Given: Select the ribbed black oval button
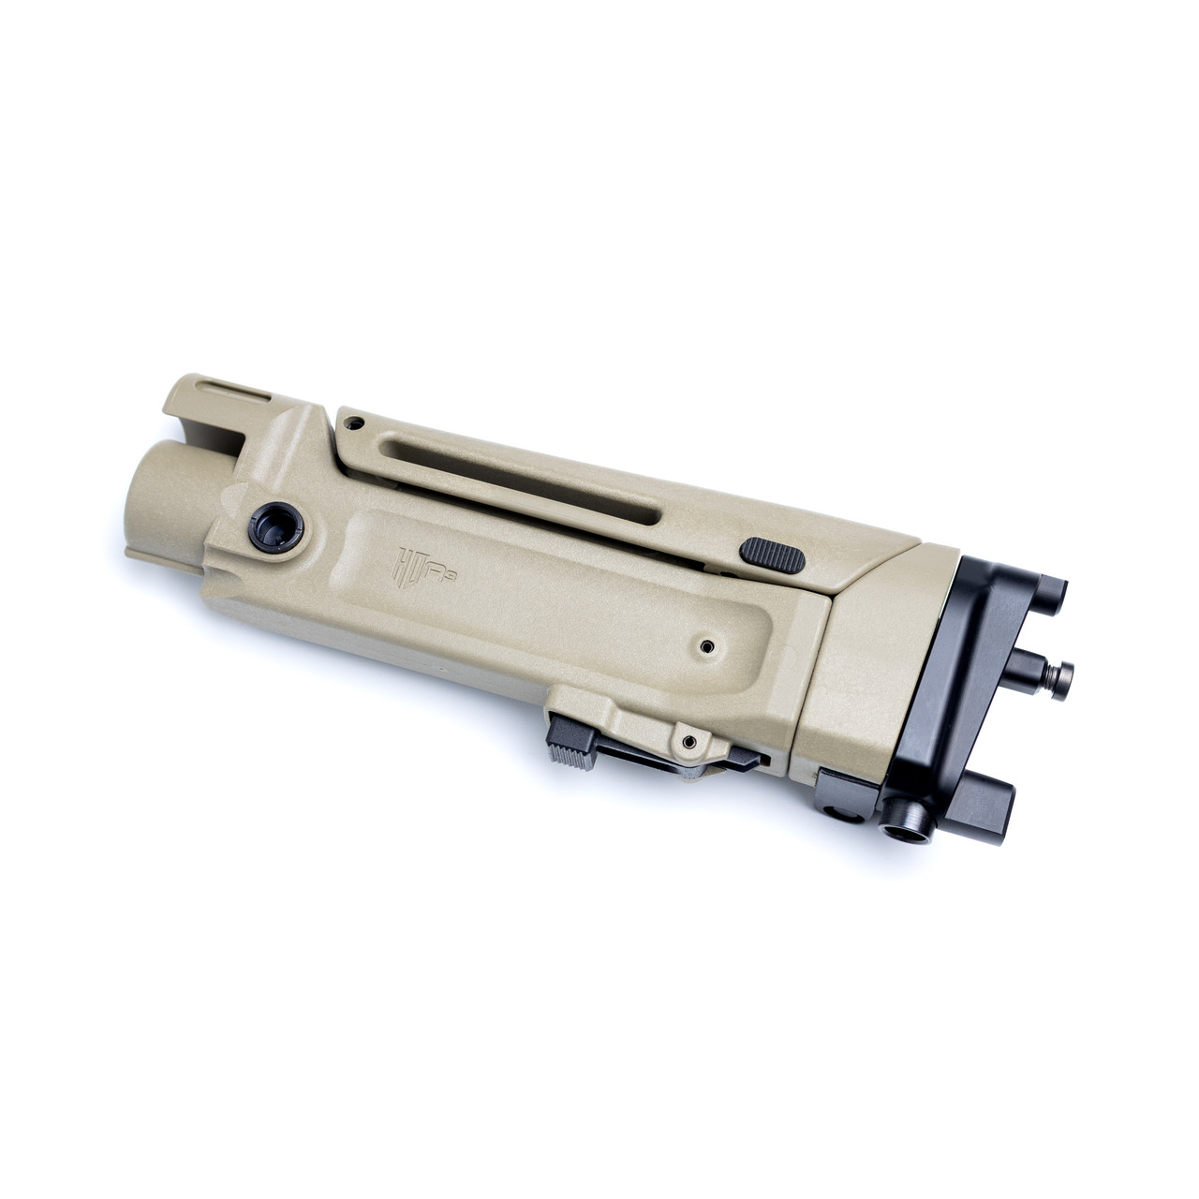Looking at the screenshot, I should [773, 551].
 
